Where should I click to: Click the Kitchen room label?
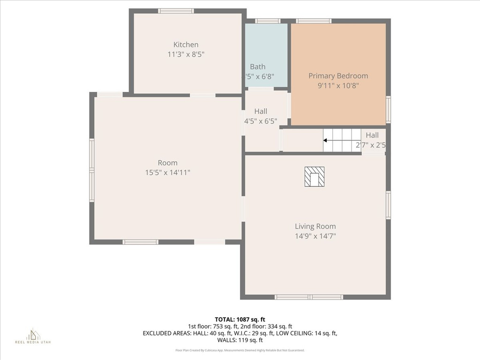186,45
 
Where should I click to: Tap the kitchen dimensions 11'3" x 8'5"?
186,54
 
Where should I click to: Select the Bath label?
257,67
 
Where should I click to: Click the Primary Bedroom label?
338,75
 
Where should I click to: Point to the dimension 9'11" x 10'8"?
338,86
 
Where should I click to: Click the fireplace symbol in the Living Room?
314,177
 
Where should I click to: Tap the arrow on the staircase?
325,140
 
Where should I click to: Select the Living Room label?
315,226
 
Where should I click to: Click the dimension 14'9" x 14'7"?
315,236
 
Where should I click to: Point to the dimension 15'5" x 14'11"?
167,172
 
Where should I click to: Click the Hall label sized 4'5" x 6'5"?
261,111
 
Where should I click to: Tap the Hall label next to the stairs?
372,135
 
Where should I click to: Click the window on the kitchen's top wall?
176,11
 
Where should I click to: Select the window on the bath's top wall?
268,21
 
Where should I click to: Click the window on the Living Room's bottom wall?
309,297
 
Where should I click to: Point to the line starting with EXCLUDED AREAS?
240,333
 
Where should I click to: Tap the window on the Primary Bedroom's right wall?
388,109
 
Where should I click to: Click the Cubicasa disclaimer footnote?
240,350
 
